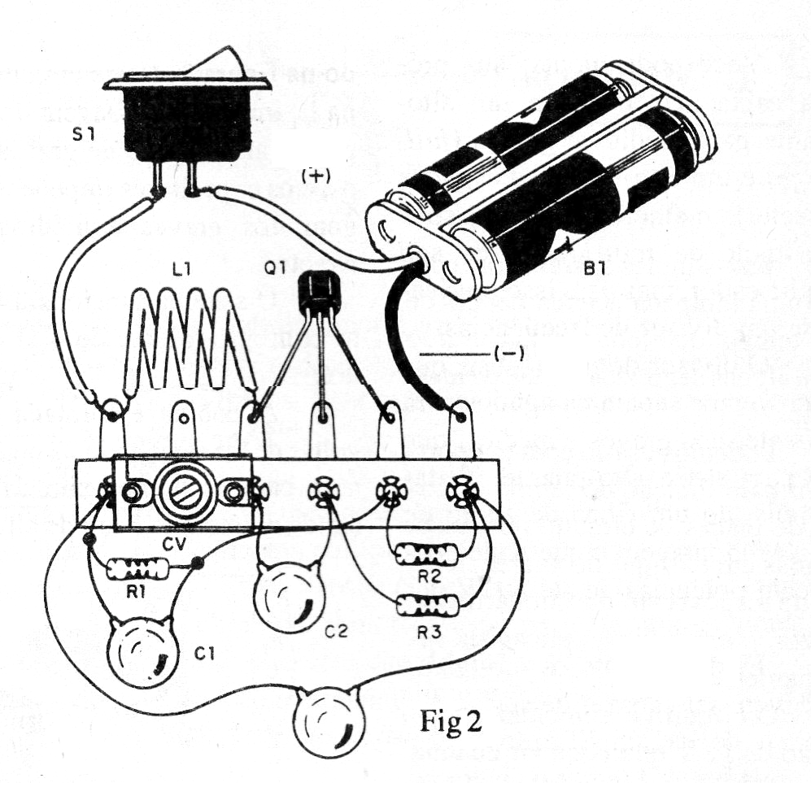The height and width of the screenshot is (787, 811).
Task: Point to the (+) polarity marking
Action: pos(316,175)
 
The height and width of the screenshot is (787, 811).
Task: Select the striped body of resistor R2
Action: pos(425,554)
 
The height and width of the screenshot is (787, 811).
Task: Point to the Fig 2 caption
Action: pos(452,723)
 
